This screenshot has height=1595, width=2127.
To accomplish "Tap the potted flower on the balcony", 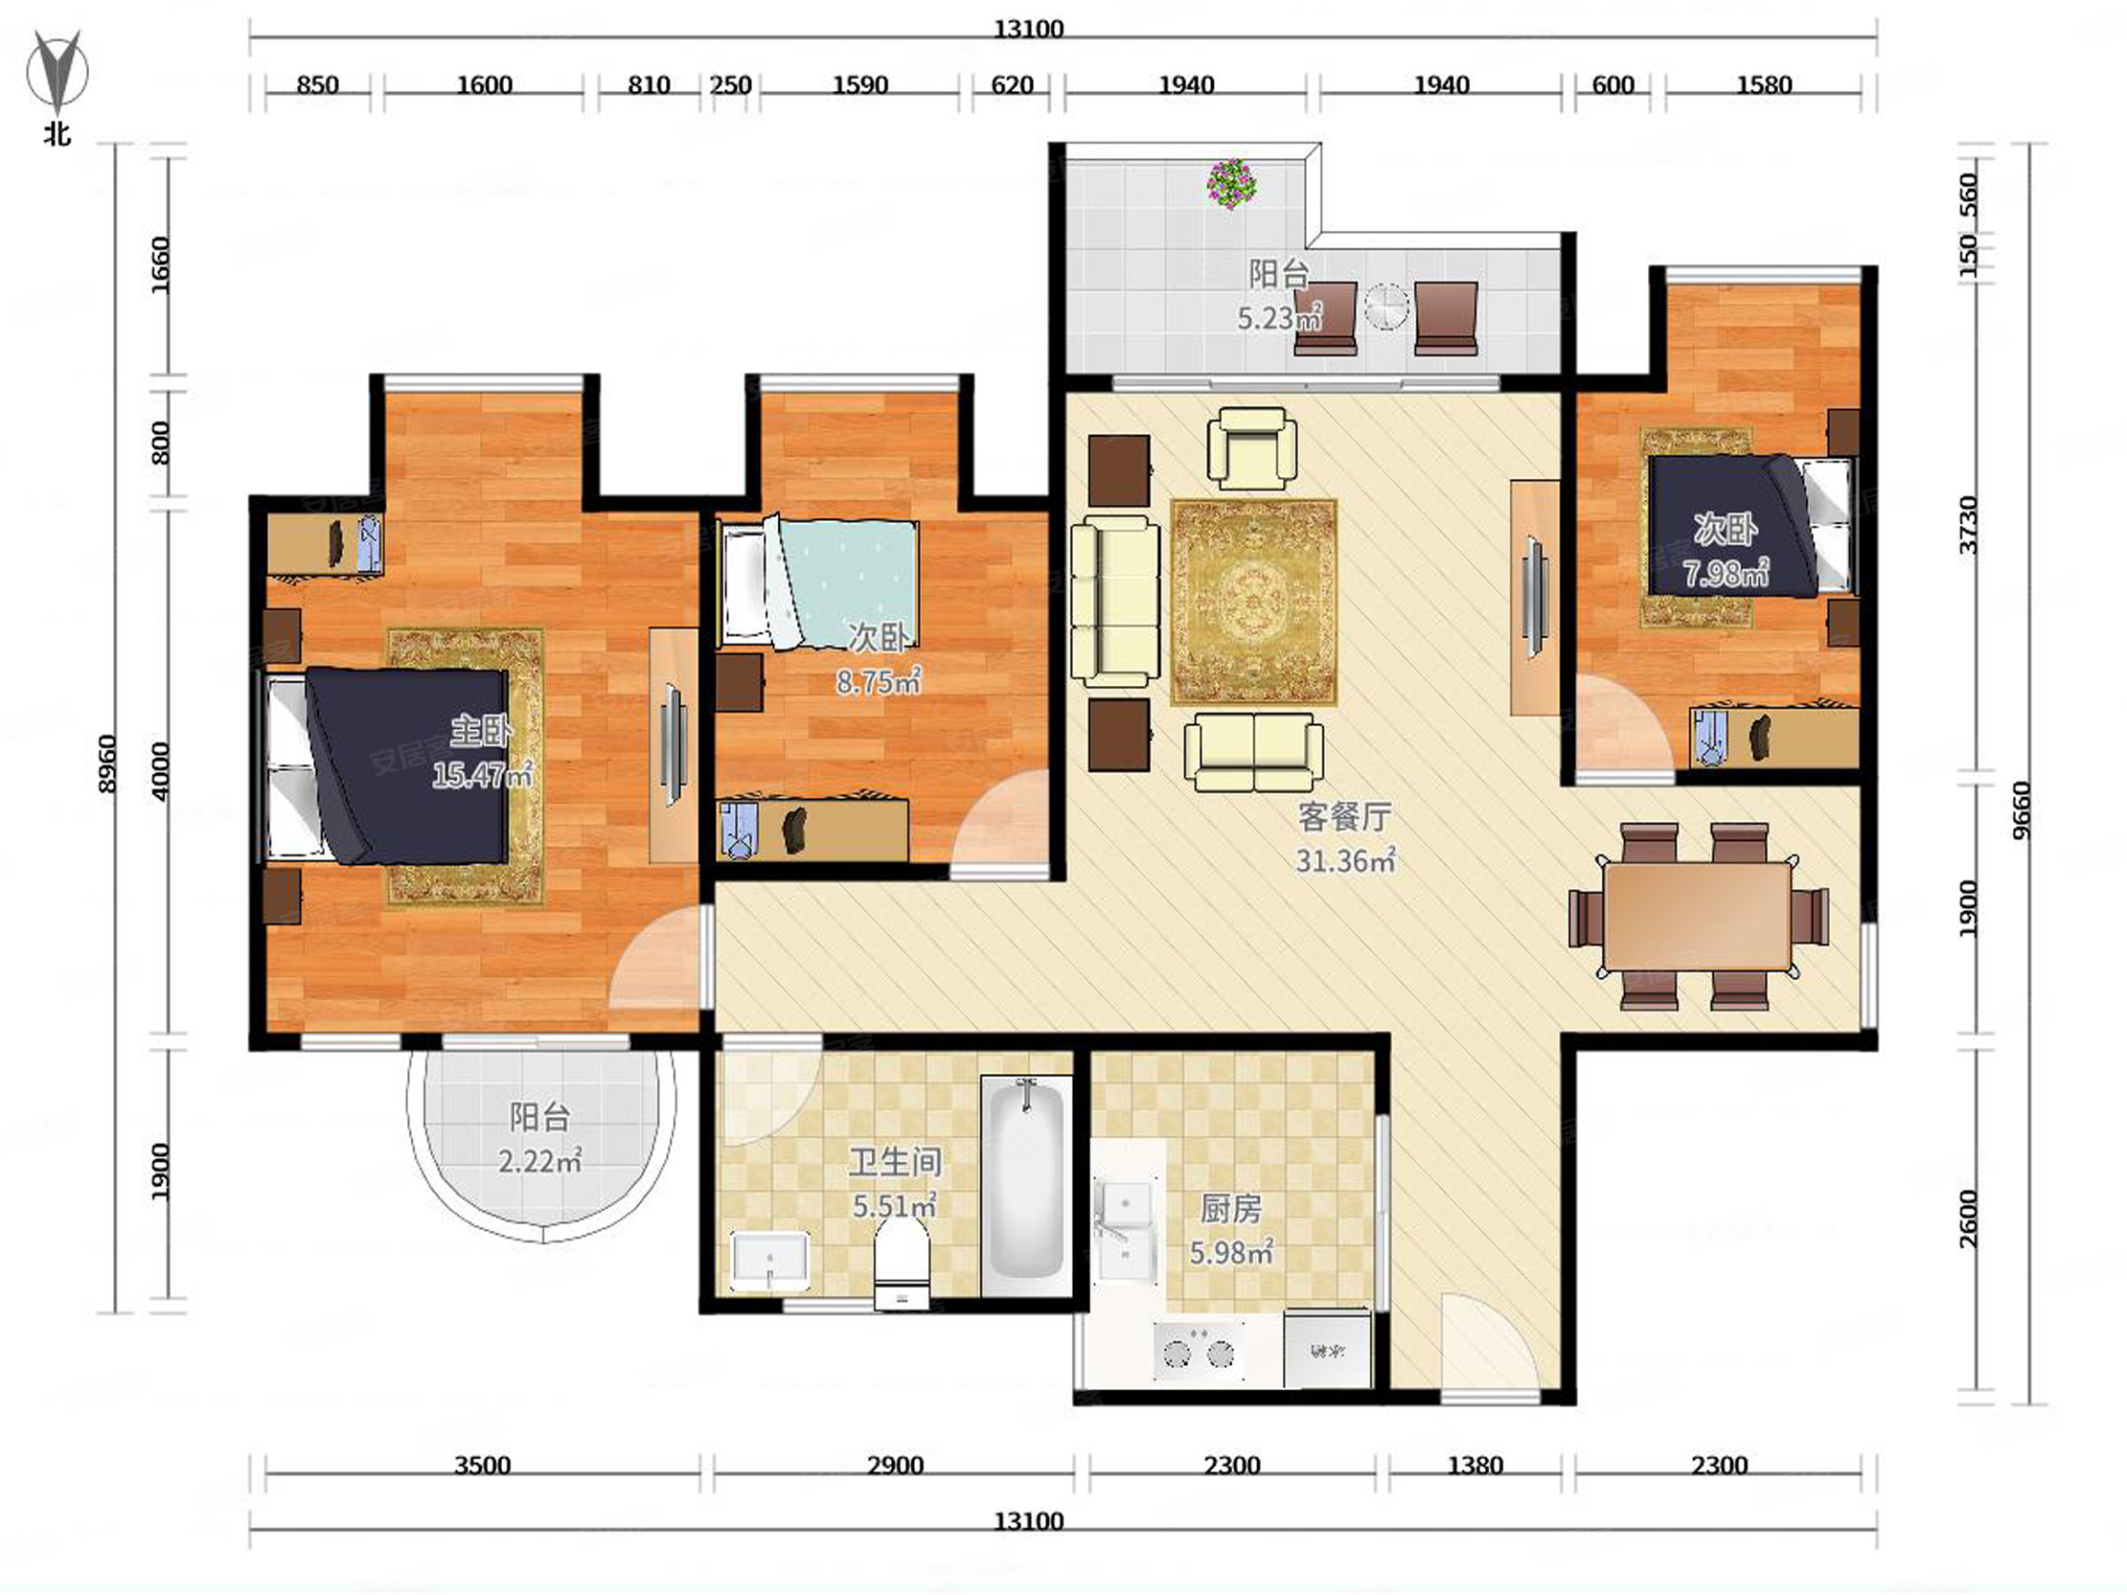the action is [x=1232, y=184].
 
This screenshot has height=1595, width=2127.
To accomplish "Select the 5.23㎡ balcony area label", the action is [x=1279, y=317].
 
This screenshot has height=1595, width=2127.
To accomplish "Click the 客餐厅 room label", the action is [x=1344, y=817].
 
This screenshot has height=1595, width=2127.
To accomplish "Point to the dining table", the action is [x=1697, y=916].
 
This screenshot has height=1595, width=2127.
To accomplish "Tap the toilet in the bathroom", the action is [x=902, y=1268].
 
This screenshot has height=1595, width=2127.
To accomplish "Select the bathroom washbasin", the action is [x=770, y=1261].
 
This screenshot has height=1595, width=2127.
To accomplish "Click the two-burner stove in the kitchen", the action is [x=1199, y=1351].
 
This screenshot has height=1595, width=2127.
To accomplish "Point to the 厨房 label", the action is [x=1231, y=1209].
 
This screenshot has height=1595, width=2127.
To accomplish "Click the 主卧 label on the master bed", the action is [x=481, y=732].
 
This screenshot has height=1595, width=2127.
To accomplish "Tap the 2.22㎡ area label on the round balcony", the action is [x=539, y=1161].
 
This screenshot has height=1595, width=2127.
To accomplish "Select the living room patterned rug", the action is [x=1254, y=602].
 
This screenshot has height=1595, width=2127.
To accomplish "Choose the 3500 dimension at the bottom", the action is [x=483, y=1466].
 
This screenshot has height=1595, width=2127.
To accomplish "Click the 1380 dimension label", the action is [x=1475, y=1466].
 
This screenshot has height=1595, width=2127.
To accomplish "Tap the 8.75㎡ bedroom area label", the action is [x=879, y=682].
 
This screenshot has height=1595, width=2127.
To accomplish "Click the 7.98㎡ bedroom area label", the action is [x=1726, y=573].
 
